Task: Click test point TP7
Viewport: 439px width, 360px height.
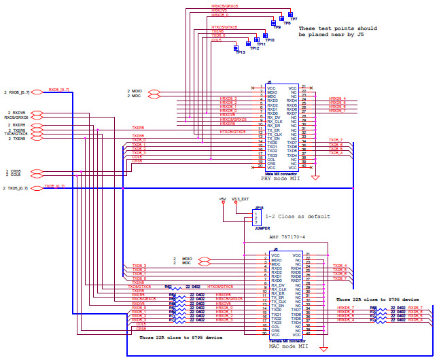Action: click(x=291, y=15)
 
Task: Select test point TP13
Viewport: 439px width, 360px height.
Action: click(x=236, y=50)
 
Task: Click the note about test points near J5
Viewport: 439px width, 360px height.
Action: click(x=337, y=31)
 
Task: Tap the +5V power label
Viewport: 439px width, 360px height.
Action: click(x=222, y=199)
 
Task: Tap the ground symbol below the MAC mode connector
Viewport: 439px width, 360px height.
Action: click(x=324, y=349)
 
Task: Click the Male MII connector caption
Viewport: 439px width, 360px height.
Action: click(x=281, y=173)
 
